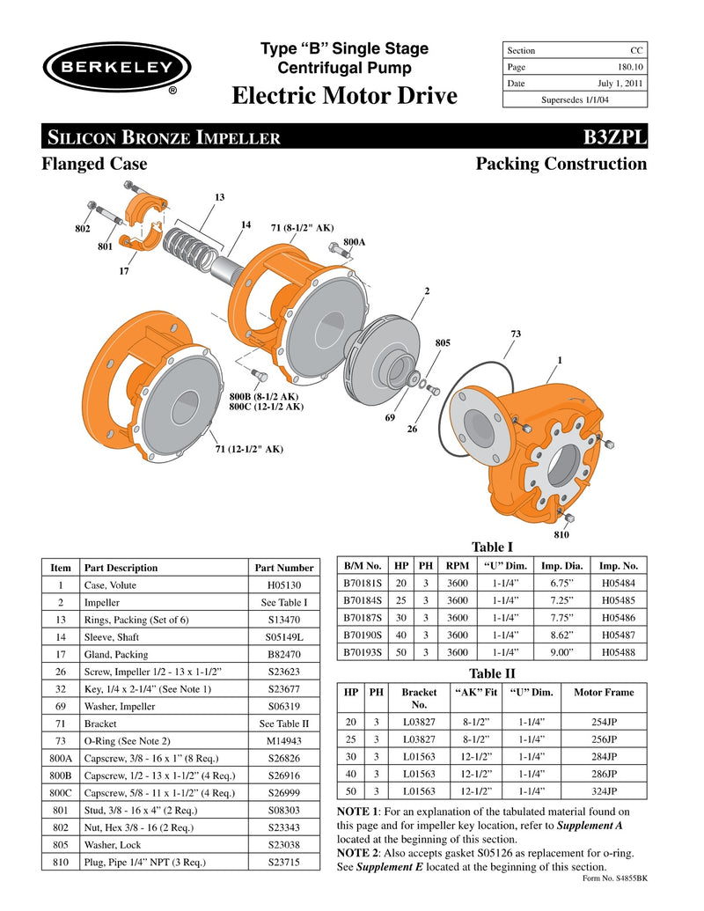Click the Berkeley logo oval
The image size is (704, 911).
tap(117, 68)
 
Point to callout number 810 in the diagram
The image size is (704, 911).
tap(562, 533)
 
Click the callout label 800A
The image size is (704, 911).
tap(355, 240)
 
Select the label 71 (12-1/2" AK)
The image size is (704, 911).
tap(249, 449)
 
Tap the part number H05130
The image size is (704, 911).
tap(283, 584)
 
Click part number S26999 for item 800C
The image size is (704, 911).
tap(283, 793)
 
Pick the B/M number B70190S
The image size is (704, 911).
tap(362, 634)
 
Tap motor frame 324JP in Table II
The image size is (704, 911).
tap(603, 790)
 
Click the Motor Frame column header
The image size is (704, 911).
tap(603, 692)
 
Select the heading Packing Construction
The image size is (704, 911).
tap(561, 164)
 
